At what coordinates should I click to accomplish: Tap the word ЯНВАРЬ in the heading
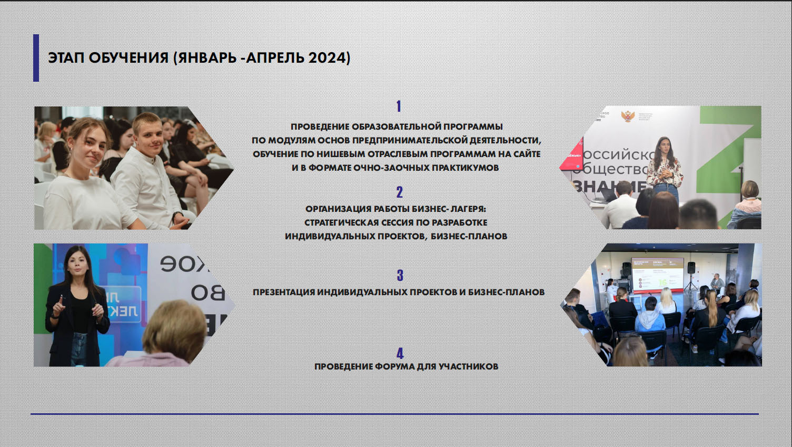pos(207,57)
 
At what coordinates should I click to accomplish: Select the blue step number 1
pos(399,106)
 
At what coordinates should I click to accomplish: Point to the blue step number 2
pos(400,192)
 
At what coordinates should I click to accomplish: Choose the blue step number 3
pos(400,275)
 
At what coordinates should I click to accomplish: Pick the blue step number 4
pos(400,353)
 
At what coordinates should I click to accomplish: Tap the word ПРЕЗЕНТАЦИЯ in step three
pos(284,293)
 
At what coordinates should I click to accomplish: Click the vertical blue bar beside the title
pos(36,58)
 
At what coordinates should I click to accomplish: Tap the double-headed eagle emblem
pos(628,116)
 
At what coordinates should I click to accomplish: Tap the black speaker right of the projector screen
pos(691,268)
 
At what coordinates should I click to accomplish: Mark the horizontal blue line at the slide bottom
pos(394,414)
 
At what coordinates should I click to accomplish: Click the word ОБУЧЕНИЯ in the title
pos(128,57)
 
